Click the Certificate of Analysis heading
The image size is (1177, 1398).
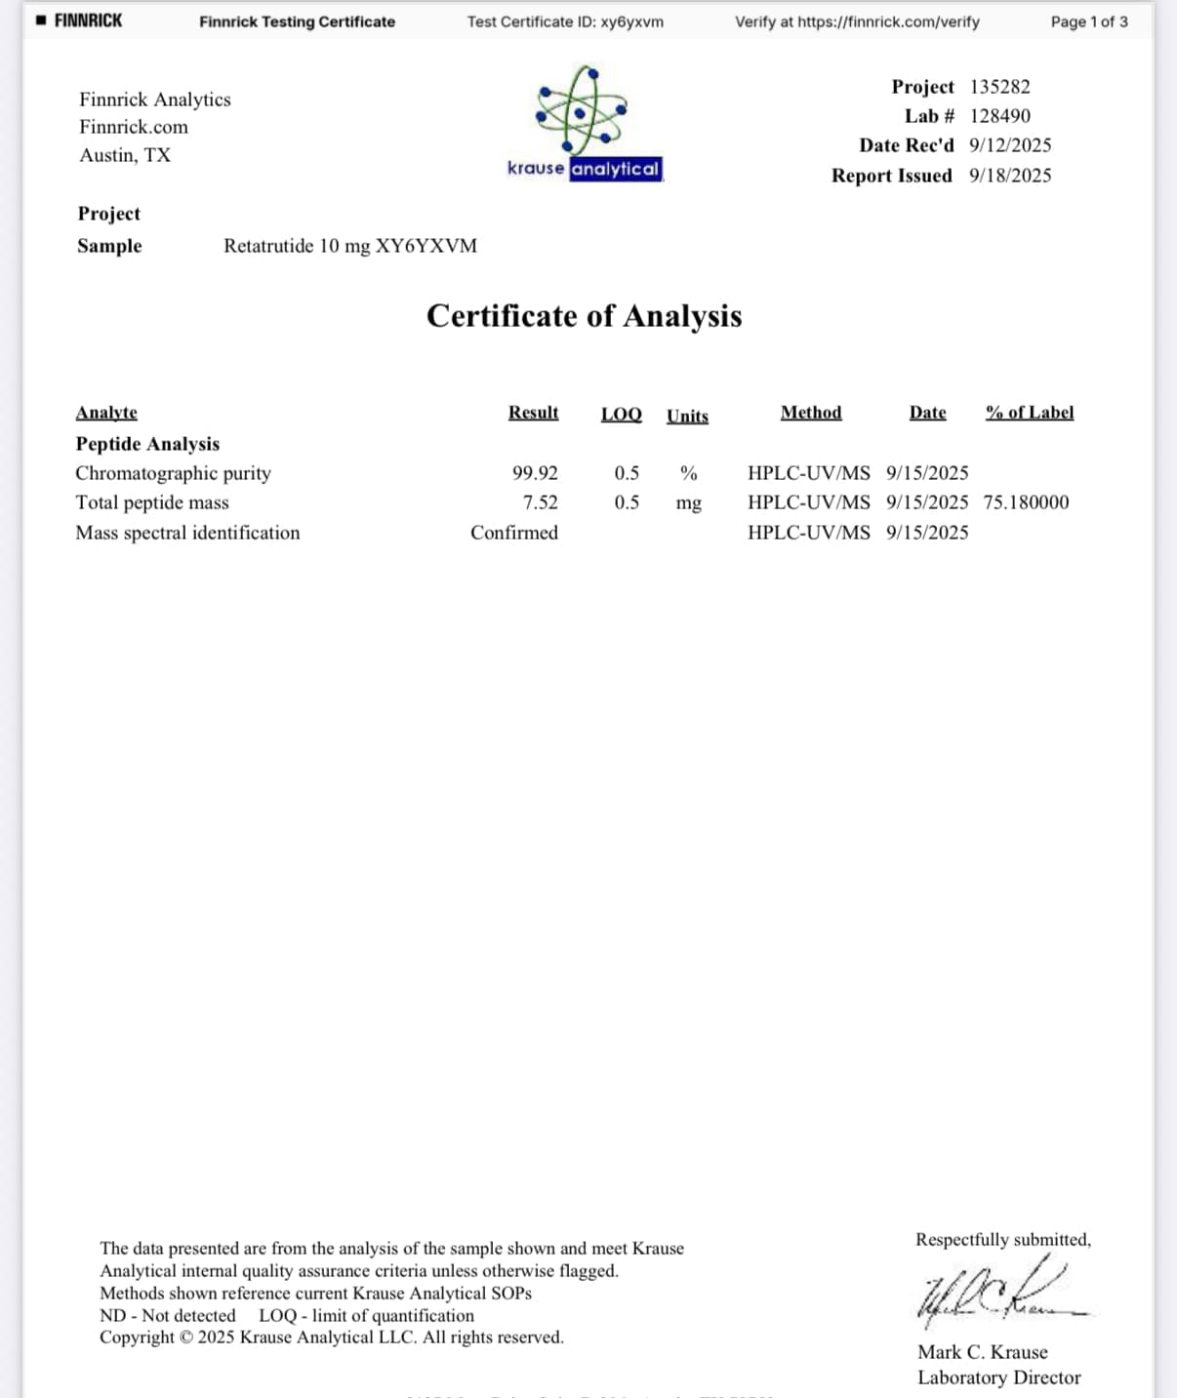click(x=584, y=316)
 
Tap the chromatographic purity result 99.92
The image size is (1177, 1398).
click(x=535, y=473)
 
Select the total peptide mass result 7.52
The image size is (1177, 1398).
click(x=540, y=502)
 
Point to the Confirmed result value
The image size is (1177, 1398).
click(x=513, y=533)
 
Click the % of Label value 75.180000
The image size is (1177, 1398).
click(x=1026, y=502)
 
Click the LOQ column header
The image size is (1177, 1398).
click(x=621, y=414)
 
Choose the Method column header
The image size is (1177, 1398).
click(x=810, y=413)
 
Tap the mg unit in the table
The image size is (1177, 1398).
click(x=688, y=503)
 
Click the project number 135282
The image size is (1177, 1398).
click(x=999, y=87)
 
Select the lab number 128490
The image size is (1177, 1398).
click(x=999, y=116)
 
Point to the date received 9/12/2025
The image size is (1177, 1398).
click(x=1010, y=145)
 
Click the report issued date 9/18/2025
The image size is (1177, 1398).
click(x=1010, y=176)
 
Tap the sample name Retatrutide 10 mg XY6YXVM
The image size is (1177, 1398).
click(x=350, y=246)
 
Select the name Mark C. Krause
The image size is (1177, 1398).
click(x=982, y=1352)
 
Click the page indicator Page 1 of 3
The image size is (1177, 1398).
click(x=1088, y=21)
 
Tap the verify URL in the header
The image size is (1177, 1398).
click(x=888, y=21)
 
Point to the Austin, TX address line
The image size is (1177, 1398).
click(x=125, y=155)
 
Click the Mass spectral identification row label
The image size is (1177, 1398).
click(x=187, y=533)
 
